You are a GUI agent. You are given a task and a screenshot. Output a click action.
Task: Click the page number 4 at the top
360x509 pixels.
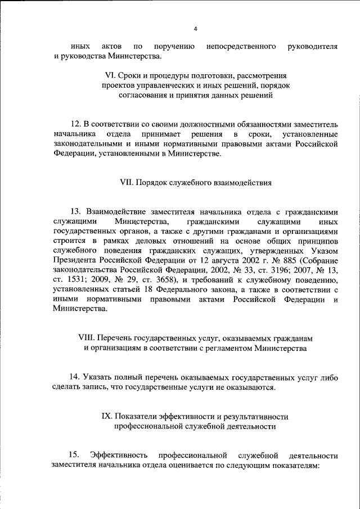click(x=195, y=29)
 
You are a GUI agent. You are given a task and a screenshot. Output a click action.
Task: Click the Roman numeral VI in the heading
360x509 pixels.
click(x=110, y=75)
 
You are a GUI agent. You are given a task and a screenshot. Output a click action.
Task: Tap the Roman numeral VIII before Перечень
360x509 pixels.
click(x=86, y=338)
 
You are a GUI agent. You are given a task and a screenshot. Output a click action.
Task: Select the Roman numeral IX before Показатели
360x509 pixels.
click(x=107, y=416)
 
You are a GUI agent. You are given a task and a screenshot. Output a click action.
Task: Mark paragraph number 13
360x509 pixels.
click(x=75, y=211)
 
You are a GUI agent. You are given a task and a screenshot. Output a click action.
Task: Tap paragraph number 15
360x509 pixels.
click(x=75, y=455)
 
